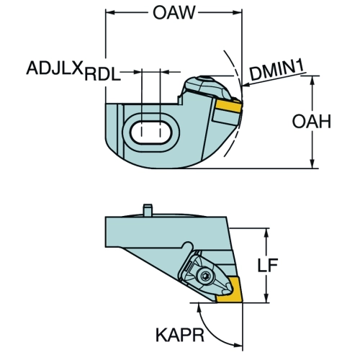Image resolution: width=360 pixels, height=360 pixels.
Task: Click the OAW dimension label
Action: point(174,12)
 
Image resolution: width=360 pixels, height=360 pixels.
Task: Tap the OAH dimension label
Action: point(312,121)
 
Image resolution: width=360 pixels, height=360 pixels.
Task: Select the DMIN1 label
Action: point(277,70)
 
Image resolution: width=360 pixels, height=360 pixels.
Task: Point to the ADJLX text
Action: point(55,68)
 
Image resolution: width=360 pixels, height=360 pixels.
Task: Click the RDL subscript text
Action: point(102,74)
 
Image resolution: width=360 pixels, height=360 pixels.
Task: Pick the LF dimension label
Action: point(268,266)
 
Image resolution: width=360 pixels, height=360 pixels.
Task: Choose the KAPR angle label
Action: point(180,335)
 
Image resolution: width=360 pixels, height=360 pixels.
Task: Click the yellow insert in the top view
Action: point(229,106)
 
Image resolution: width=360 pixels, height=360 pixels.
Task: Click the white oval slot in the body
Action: point(151,132)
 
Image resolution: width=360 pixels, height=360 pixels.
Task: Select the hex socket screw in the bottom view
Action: point(204,277)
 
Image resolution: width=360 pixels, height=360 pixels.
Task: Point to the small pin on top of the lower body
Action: point(148,210)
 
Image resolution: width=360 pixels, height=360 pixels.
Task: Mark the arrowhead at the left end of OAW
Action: point(109,12)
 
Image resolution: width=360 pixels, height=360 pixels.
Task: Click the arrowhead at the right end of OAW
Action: point(238,12)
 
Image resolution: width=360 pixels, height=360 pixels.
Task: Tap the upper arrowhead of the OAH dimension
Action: point(312,80)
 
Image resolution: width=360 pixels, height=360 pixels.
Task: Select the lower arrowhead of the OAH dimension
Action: point(312,164)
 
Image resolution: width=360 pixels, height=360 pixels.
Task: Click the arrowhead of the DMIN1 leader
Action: point(246,84)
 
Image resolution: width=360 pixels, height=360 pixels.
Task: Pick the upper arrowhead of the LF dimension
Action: point(266,233)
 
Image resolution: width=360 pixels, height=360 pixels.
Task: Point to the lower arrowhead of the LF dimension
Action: point(266,298)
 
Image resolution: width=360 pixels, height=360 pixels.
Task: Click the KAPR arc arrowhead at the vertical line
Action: point(238,345)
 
